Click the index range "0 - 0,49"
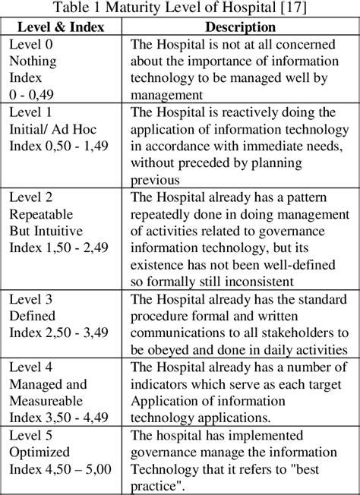click(33, 94)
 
